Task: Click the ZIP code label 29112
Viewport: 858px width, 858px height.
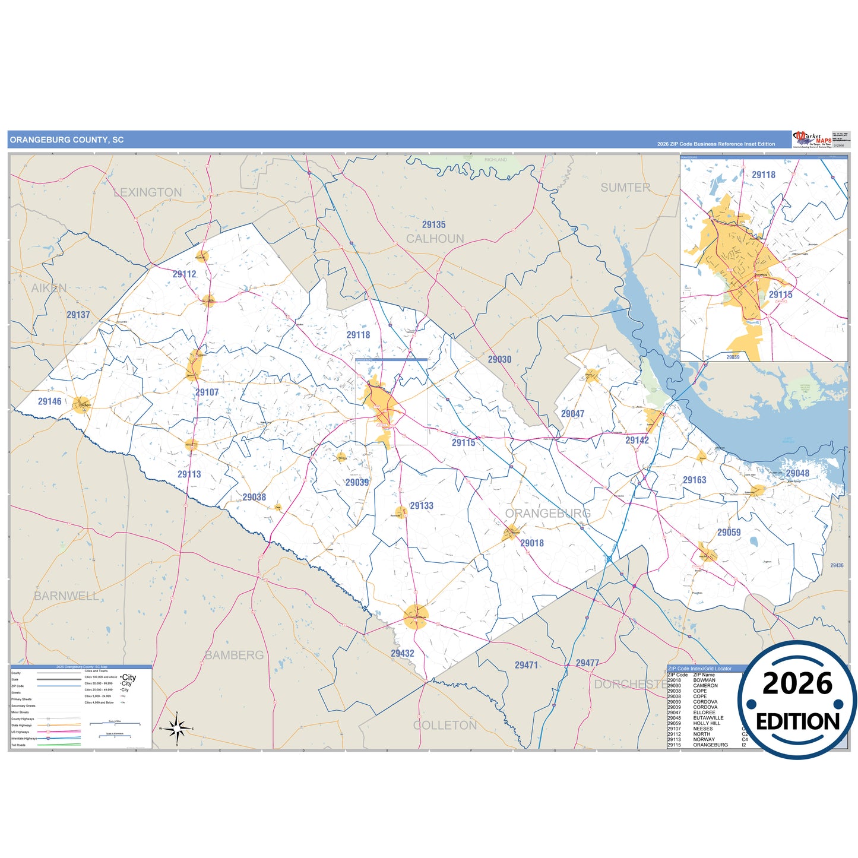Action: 184,274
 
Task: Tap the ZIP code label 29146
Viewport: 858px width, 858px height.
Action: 50,402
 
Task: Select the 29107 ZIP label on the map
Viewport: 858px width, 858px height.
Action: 207,392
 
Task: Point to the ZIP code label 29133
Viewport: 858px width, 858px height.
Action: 422,506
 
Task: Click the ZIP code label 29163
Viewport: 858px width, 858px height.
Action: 694,480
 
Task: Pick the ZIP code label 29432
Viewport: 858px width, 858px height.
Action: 403,654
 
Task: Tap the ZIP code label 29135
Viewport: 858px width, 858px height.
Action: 433,225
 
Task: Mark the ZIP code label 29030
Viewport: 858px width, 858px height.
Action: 499,360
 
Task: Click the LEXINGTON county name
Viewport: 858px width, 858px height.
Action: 148,192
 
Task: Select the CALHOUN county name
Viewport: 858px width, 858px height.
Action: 435,239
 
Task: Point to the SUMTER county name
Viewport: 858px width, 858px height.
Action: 625,188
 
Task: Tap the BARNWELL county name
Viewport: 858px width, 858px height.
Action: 67,596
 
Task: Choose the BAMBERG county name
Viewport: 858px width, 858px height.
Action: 235,655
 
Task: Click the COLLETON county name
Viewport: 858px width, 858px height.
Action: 445,726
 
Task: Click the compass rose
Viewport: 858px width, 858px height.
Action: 177,728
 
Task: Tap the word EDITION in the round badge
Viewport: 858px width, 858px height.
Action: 797,721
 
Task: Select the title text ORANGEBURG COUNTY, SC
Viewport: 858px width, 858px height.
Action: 67,140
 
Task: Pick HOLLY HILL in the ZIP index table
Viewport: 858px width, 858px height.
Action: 707,723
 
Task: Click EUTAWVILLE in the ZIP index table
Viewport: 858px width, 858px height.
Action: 708,718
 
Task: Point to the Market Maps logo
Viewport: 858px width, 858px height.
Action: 811,140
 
